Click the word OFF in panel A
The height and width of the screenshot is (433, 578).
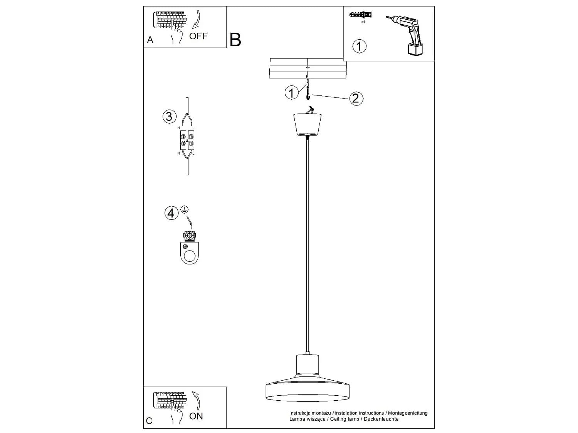(x=198, y=36)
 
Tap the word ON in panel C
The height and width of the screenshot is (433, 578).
(x=196, y=416)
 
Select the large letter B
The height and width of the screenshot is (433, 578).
(x=235, y=40)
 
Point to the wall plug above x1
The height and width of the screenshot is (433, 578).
(x=361, y=15)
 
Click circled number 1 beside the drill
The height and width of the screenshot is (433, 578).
(x=359, y=46)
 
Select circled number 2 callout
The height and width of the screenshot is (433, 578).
(x=356, y=98)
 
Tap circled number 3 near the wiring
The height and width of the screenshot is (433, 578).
(x=169, y=117)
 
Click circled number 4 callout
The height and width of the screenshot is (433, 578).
(x=171, y=213)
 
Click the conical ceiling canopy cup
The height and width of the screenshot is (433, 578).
(x=307, y=125)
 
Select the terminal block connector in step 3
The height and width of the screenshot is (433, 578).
(x=187, y=140)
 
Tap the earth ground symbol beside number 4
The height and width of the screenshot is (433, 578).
(x=185, y=209)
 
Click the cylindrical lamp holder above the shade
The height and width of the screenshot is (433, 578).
(x=307, y=364)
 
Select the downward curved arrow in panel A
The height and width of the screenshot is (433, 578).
(x=197, y=19)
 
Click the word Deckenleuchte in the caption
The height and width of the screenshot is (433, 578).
(x=381, y=419)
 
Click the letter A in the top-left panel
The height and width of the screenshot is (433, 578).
(x=150, y=40)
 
